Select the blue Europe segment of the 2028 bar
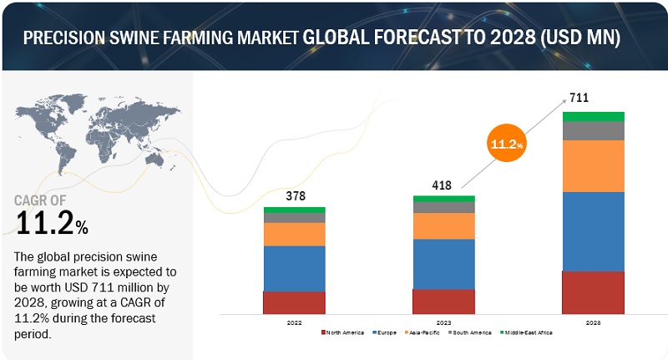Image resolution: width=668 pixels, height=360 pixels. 593,231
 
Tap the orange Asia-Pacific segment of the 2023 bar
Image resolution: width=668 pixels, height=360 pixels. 443,226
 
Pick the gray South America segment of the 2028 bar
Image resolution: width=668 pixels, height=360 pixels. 593,130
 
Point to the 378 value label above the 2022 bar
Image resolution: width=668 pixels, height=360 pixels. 295,197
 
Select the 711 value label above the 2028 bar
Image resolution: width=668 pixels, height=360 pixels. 579,98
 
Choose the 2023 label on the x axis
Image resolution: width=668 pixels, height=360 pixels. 443,322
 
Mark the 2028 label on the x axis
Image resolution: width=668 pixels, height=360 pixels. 593,322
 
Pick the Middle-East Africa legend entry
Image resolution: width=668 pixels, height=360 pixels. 527,332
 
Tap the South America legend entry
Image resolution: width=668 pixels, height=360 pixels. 473,332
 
